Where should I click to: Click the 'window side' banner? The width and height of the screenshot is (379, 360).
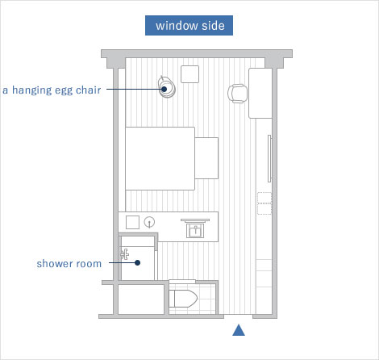click(189, 25)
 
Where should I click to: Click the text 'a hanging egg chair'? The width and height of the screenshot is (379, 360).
click(52, 90)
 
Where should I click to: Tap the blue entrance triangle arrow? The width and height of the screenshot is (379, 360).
click(239, 329)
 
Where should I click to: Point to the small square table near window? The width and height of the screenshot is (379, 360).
click(191, 74)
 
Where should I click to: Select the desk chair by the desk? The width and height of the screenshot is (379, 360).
click(238, 93)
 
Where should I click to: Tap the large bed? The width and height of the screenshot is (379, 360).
click(160, 157)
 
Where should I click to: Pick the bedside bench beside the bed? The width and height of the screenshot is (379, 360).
click(207, 157)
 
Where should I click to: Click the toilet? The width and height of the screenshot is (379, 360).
click(181, 297)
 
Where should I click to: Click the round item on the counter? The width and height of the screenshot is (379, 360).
click(149, 221)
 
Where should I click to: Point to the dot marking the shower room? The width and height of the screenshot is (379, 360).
click(138, 262)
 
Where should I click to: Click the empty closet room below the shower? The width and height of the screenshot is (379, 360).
click(138, 299)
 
